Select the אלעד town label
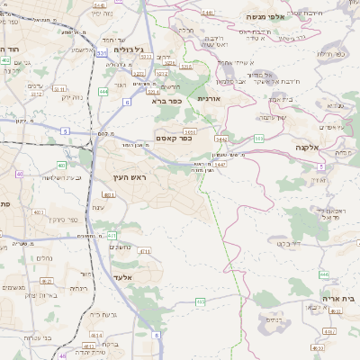[122, 277]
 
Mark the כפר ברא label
[166, 102]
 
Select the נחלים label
[43, 257]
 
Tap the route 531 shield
[102, 54]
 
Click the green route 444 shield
[104, 91]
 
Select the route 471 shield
[112, 236]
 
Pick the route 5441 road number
[208, 13]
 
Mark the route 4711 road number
[144, 251]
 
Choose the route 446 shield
[323, 274]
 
